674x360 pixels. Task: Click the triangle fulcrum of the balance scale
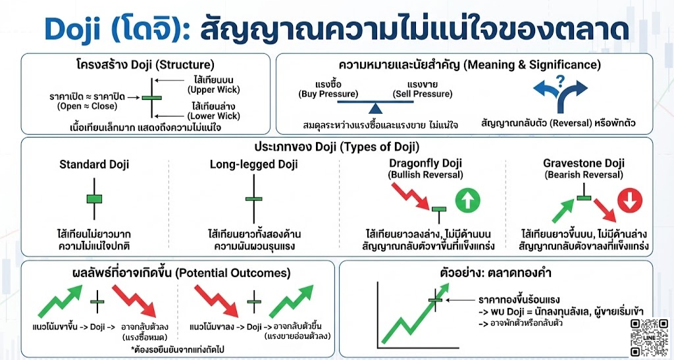coord(375,107)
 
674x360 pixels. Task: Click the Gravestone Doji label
coord(583,163)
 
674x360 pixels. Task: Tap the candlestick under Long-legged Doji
coord(253,198)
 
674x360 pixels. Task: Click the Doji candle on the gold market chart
coord(434,300)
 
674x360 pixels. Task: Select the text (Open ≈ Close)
coord(95,107)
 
